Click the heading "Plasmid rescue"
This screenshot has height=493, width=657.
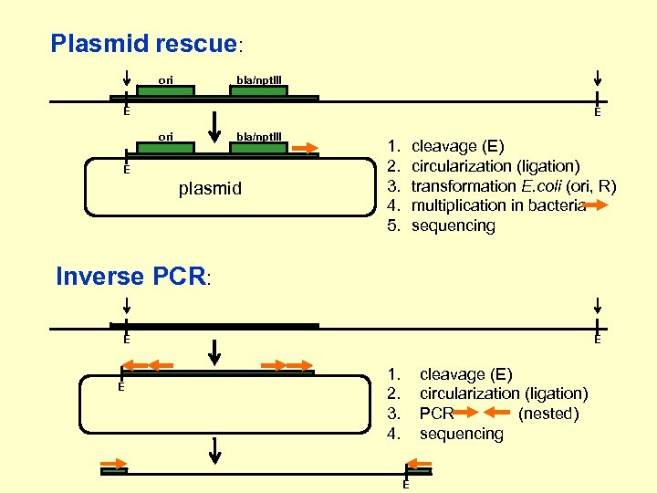coord(143,43)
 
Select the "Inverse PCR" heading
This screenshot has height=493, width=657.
coord(131,276)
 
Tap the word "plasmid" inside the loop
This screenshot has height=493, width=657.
coord(210,189)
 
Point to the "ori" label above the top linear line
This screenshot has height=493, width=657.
coord(166,79)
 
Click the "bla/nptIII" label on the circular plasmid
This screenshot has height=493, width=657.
coord(259,137)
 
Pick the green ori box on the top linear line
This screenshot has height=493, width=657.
coord(165,90)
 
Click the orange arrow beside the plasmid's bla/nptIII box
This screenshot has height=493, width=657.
coord(307,146)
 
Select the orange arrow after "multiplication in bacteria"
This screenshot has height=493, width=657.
coord(595,205)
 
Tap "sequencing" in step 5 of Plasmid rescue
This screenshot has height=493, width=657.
coord(454,226)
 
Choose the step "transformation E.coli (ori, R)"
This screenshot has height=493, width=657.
coord(514,186)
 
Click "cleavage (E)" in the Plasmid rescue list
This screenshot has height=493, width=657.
coord(457,146)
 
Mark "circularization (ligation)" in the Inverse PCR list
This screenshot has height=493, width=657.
coord(503,393)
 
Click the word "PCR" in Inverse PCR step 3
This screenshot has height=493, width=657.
coord(436,414)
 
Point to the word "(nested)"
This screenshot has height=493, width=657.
coord(548,414)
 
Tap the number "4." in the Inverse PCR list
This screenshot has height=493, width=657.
coord(393,434)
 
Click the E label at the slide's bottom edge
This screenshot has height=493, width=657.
coord(405,485)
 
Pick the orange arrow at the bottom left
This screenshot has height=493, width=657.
coord(114,462)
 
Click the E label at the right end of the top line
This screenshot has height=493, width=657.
coord(597,112)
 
